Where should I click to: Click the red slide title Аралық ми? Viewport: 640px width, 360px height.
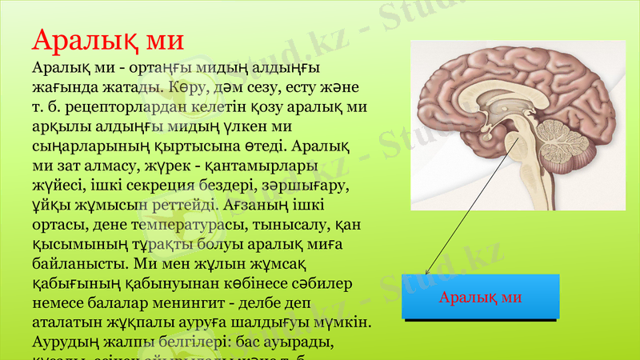click(108, 39)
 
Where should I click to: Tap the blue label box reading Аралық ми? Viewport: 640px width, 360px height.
click(480, 298)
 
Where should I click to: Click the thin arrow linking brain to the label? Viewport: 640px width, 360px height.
click(472, 205)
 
